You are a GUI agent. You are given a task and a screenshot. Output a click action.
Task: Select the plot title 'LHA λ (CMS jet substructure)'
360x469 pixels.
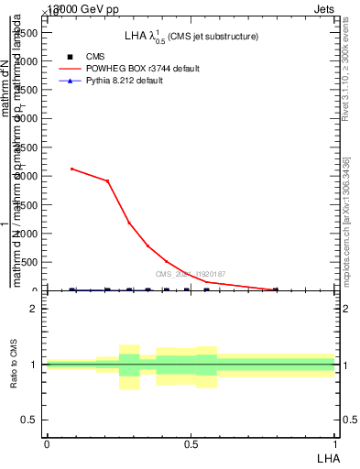[191, 37]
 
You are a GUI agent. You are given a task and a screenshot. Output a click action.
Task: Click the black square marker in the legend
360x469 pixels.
[70, 57]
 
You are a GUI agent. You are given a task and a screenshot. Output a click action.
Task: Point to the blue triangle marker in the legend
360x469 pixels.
[70, 82]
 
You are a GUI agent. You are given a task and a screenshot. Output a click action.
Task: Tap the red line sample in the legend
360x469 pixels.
[70, 69]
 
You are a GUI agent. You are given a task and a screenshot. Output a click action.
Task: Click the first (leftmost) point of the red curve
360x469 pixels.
[72, 169]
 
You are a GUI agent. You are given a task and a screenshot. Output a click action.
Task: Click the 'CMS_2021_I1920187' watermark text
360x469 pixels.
[190, 274]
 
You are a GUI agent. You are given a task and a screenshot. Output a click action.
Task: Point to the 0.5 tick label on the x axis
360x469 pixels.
[191, 443]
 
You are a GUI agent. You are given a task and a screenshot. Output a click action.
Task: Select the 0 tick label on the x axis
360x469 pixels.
[47, 443]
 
